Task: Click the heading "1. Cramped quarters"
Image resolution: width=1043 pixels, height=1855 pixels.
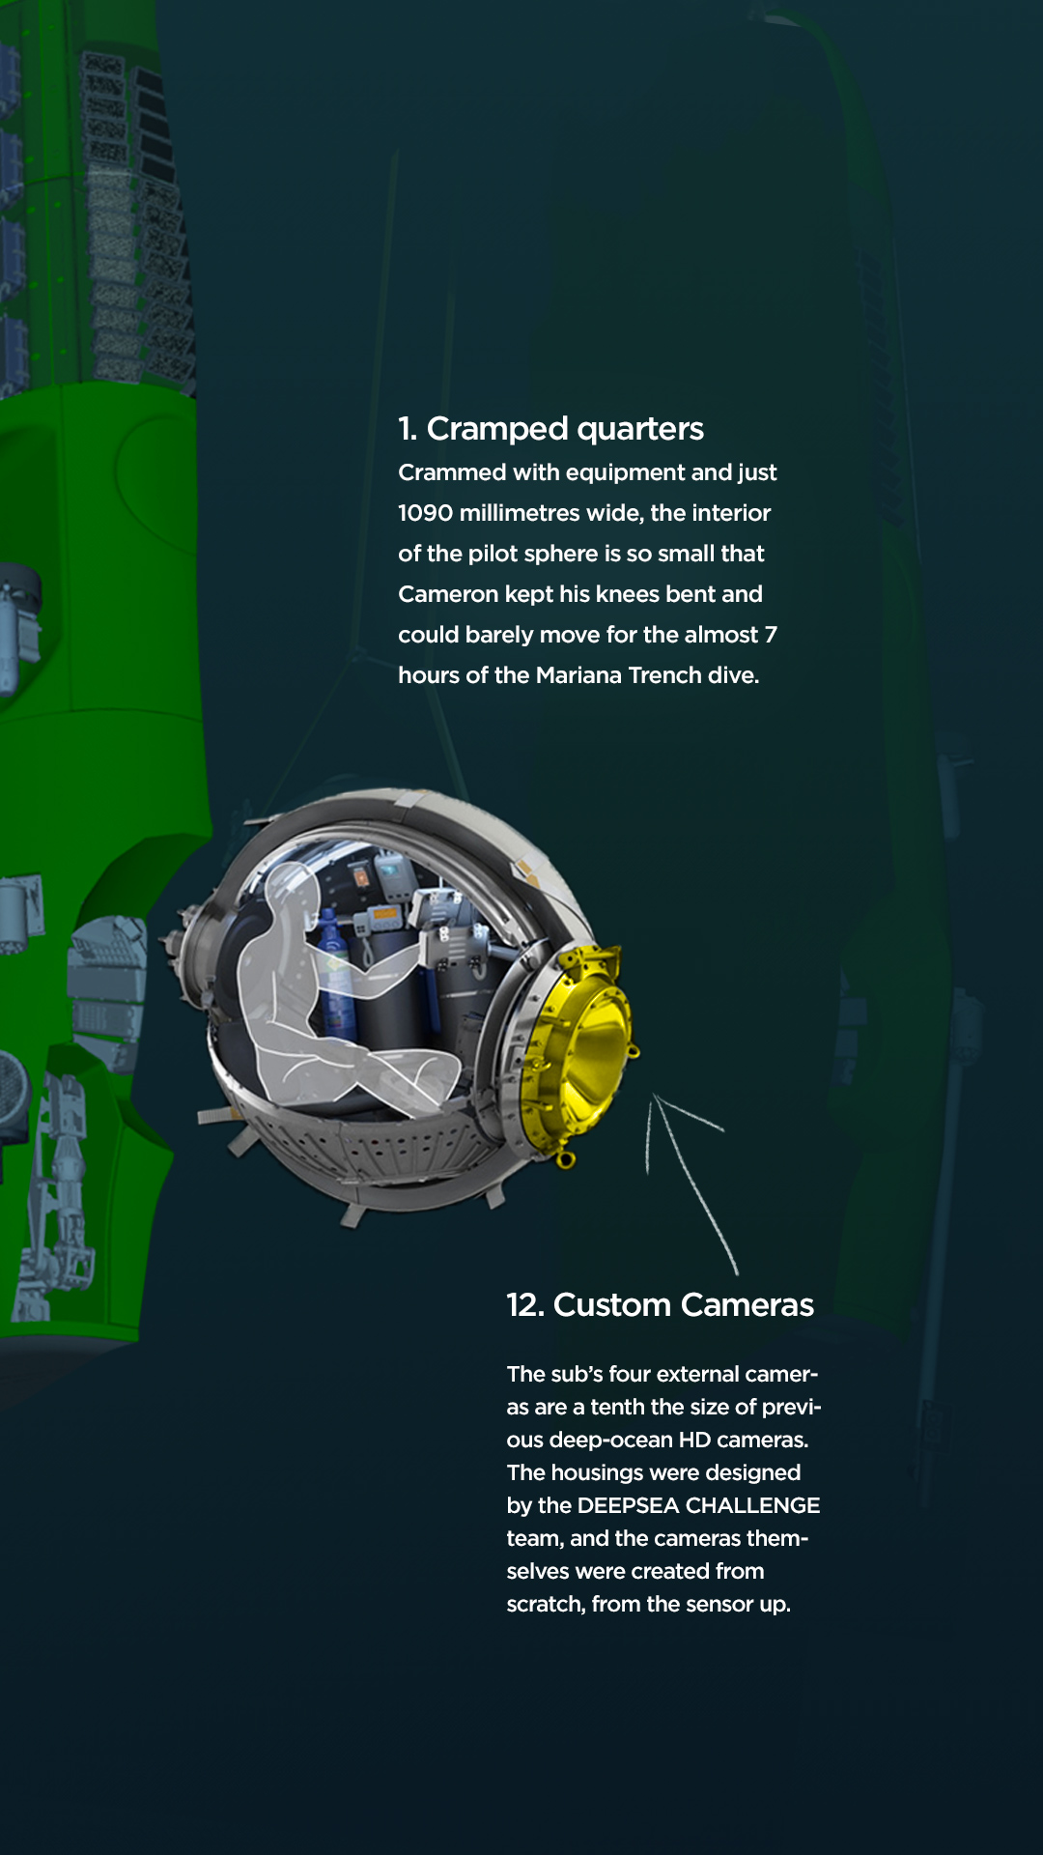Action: click(x=550, y=429)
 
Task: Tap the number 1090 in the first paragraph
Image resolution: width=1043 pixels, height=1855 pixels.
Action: click(x=425, y=513)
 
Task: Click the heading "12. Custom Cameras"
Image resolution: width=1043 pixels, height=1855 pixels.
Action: click(x=661, y=1305)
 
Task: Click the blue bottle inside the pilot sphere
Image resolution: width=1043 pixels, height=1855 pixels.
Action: click(x=335, y=976)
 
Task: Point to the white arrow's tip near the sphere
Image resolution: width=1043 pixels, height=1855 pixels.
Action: click(x=655, y=1095)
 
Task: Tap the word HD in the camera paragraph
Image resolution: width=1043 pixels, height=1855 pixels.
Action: click(x=694, y=1440)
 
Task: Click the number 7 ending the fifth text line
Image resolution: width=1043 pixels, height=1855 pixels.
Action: click(x=771, y=635)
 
